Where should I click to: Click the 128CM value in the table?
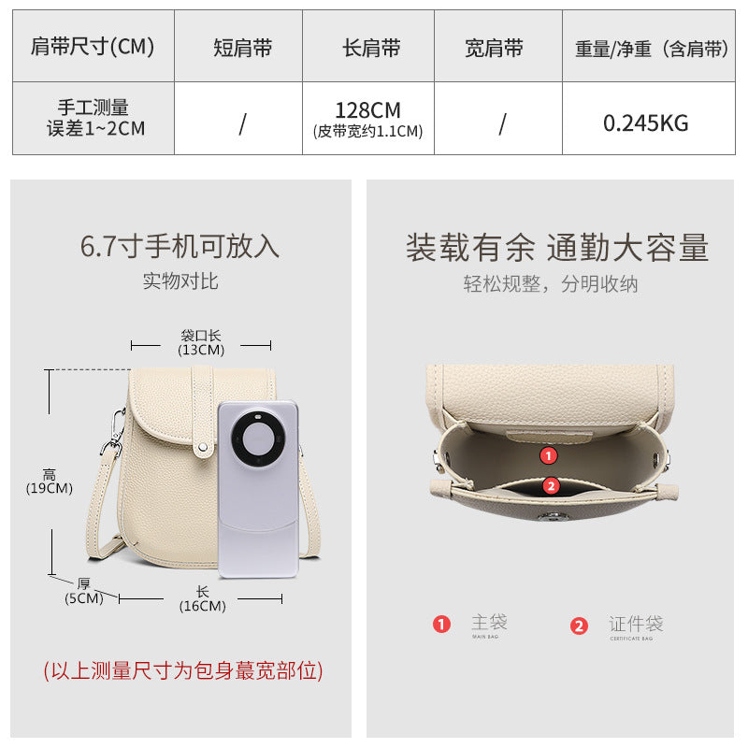[x=367, y=110]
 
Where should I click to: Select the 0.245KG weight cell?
[x=645, y=122]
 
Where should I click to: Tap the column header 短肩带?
[x=242, y=49]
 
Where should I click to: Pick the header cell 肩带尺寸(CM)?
[x=93, y=47]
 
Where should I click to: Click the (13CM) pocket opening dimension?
[x=201, y=350]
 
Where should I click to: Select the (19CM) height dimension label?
[x=50, y=487]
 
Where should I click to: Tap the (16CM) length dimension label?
[x=202, y=605]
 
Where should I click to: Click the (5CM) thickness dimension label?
[x=83, y=598]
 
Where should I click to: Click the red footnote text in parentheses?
[x=182, y=670]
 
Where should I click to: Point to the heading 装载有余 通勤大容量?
[x=556, y=248]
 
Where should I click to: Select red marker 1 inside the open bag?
[x=549, y=455]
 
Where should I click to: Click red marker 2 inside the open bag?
[x=550, y=485]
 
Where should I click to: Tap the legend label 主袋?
[x=489, y=622]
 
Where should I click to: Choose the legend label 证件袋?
[x=636, y=623]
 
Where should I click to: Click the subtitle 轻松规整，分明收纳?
[x=551, y=284]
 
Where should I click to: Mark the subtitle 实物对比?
[x=180, y=280]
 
